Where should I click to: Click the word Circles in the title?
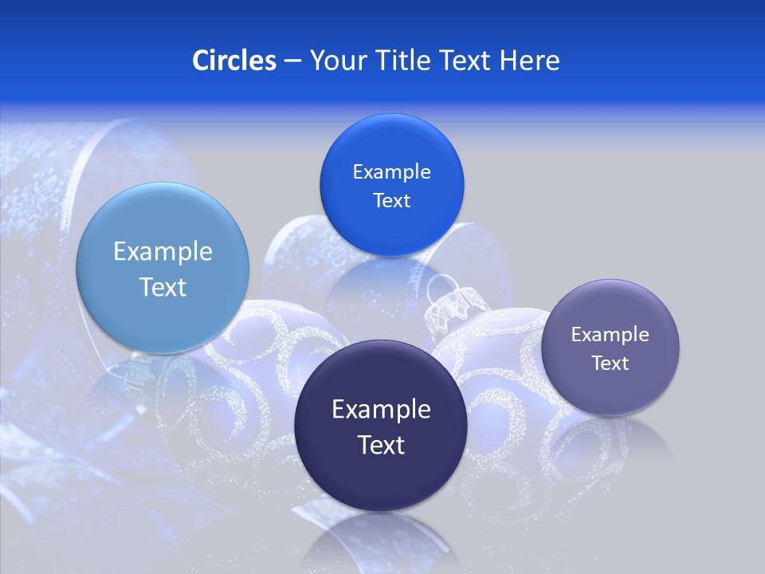pos(233,61)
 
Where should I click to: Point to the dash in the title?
pos(292,61)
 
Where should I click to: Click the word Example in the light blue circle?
pos(163,252)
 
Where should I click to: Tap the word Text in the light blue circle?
pos(163,287)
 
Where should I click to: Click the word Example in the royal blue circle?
pos(391,172)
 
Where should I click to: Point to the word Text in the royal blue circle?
pos(391,201)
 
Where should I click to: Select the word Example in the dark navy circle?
pos(381,410)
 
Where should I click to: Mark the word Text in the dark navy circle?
pos(381,445)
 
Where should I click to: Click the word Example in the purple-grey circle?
pos(610,335)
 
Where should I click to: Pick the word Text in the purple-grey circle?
pos(610,364)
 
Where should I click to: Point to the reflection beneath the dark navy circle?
pos(381,542)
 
